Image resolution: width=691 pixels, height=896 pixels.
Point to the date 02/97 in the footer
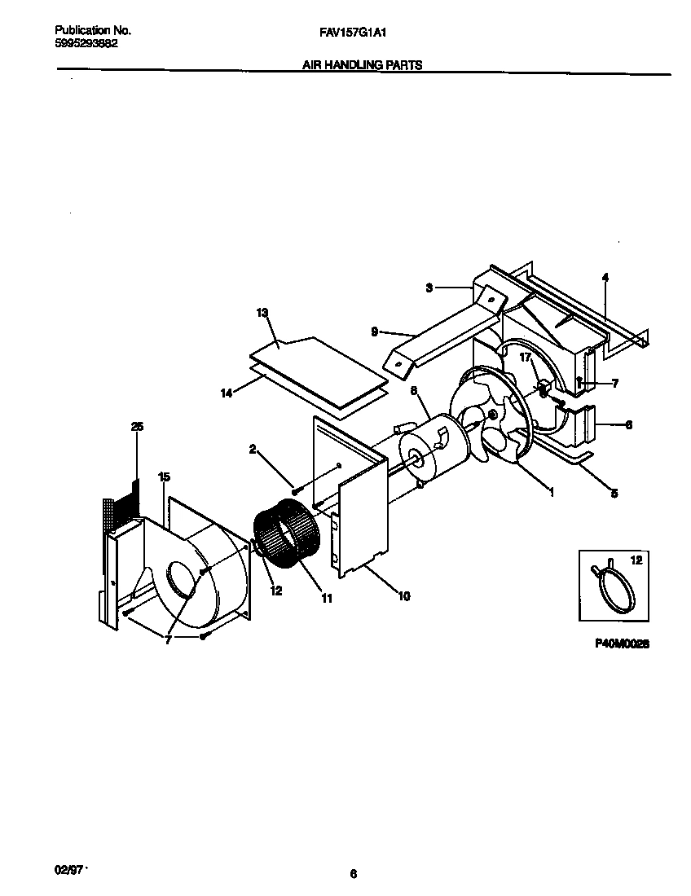pos(69,871)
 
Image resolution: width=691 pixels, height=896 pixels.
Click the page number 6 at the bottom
pos(353,874)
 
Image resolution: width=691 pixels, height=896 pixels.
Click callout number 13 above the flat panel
pos(262,313)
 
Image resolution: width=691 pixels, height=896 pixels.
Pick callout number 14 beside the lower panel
pos(227,393)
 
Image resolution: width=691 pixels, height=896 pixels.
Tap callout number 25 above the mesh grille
pos(136,426)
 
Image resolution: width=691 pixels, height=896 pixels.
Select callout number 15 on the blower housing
pos(164,476)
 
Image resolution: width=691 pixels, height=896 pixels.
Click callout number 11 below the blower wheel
pos(327,599)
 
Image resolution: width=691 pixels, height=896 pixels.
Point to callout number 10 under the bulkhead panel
pos(403,596)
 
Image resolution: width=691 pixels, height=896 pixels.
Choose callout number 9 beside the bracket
pos(374,331)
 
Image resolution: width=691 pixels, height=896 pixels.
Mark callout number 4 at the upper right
pos(605,277)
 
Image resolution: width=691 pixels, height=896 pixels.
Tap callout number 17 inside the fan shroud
pos(525,357)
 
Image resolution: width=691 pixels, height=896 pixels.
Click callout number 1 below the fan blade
pos(552,492)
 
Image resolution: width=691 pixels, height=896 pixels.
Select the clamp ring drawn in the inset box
pos(616,582)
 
